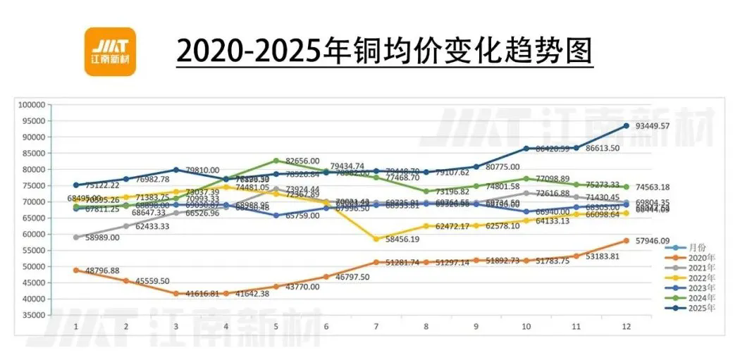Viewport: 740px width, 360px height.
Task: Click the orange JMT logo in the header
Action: (x=109, y=51)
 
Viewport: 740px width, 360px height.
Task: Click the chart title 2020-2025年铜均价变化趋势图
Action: (x=384, y=52)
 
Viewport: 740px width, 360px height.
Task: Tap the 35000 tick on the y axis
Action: (x=33, y=315)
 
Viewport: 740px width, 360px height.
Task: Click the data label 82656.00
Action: (x=301, y=161)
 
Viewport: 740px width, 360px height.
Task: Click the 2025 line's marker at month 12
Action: (x=626, y=126)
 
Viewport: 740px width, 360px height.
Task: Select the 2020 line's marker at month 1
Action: (x=76, y=270)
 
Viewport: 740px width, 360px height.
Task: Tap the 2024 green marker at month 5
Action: (x=276, y=161)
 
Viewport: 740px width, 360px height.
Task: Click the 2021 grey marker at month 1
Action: (x=76, y=237)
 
